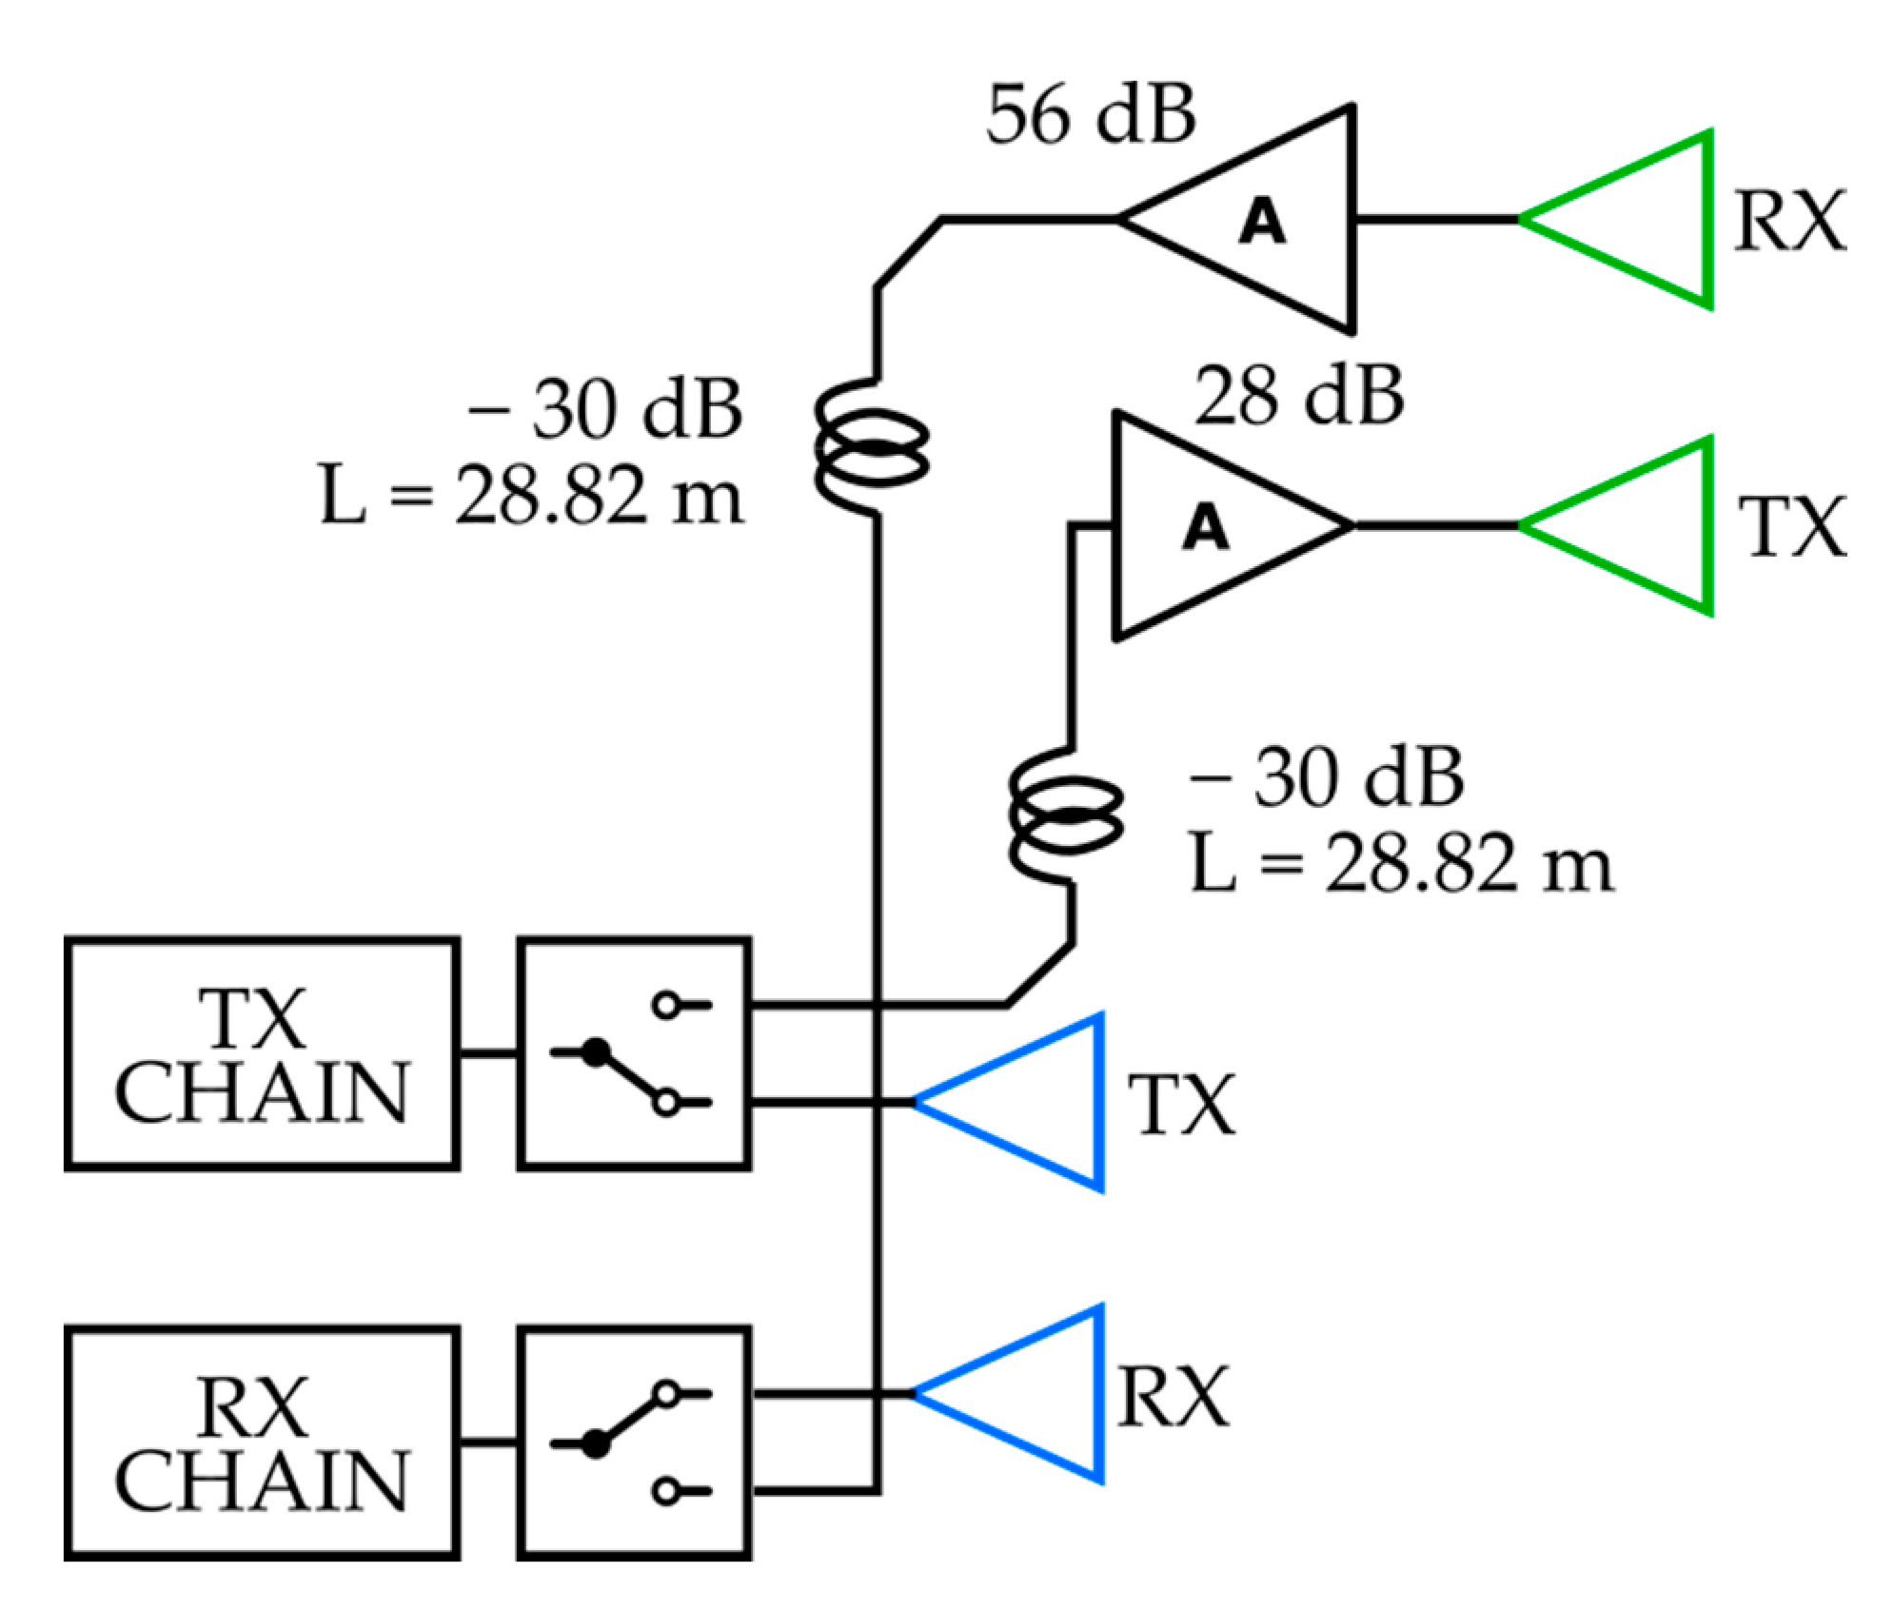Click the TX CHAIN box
click(262, 1054)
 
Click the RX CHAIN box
click(262, 1443)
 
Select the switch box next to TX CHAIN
click(634, 1054)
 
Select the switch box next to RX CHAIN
click(634, 1443)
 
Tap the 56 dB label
click(1090, 115)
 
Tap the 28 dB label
click(1299, 396)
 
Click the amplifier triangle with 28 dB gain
click(1204, 526)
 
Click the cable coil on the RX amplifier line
click(871, 447)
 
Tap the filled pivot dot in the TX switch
click(596, 1052)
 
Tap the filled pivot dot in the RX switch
click(596, 1444)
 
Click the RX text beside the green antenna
click(1789, 222)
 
